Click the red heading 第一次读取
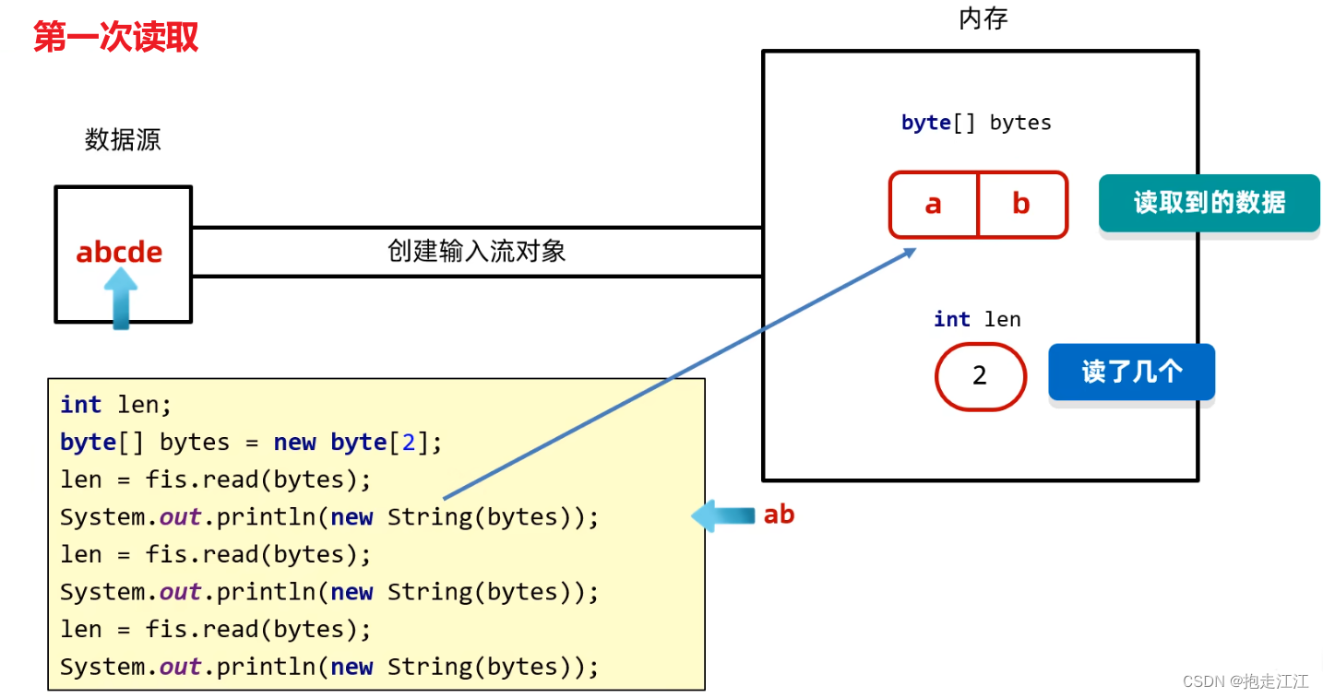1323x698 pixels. pyautogui.click(x=115, y=38)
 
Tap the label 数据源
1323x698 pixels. pyautogui.click(x=123, y=139)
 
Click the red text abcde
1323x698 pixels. pyautogui.click(x=119, y=252)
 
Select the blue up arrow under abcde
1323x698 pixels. pyautogui.click(x=120, y=297)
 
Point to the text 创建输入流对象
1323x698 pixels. pyautogui.click(x=476, y=251)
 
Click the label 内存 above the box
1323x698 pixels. pyautogui.click(x=983, y=19)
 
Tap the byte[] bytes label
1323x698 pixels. pyautogui.click(x=976, y=123)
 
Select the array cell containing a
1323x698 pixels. pyautogui.click(x=933, y=204)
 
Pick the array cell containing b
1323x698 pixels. pyautogui.click(x=1020, y=204)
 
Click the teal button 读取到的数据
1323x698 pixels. pyautogui.click(x=1209, y=203)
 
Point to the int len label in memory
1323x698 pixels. pyautogui.click(x=977, y=319)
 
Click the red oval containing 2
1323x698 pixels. pyautogui.click(x=980, y=375)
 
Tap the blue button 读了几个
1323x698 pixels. pyautogui.click(x=1131, y=372)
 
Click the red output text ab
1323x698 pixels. pyautogui.click(x=779, y=515)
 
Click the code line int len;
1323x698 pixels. pyautogui.click(x=116, y=404)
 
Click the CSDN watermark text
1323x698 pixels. pyautogui.click(x=1245, y=681)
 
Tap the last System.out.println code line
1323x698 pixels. pyautogui.click(x=329, y=666)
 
